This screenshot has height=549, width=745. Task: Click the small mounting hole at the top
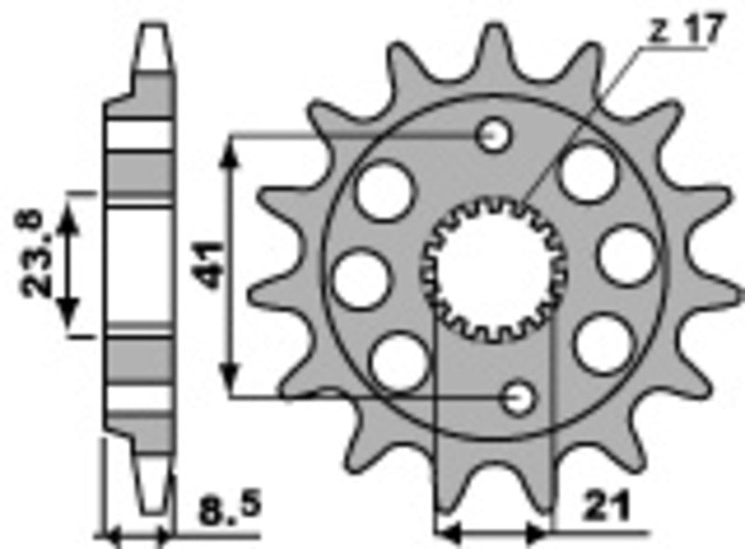click(x=494, y=137)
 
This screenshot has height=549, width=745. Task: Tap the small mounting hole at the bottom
click(x=520, y=397)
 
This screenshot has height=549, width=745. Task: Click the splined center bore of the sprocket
click(x=494, y=270)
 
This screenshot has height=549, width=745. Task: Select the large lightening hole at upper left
click(x=384, y=190)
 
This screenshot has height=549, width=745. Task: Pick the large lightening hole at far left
click(x=359, y=279)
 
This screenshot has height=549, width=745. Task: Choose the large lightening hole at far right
click(x=625, y=256)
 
